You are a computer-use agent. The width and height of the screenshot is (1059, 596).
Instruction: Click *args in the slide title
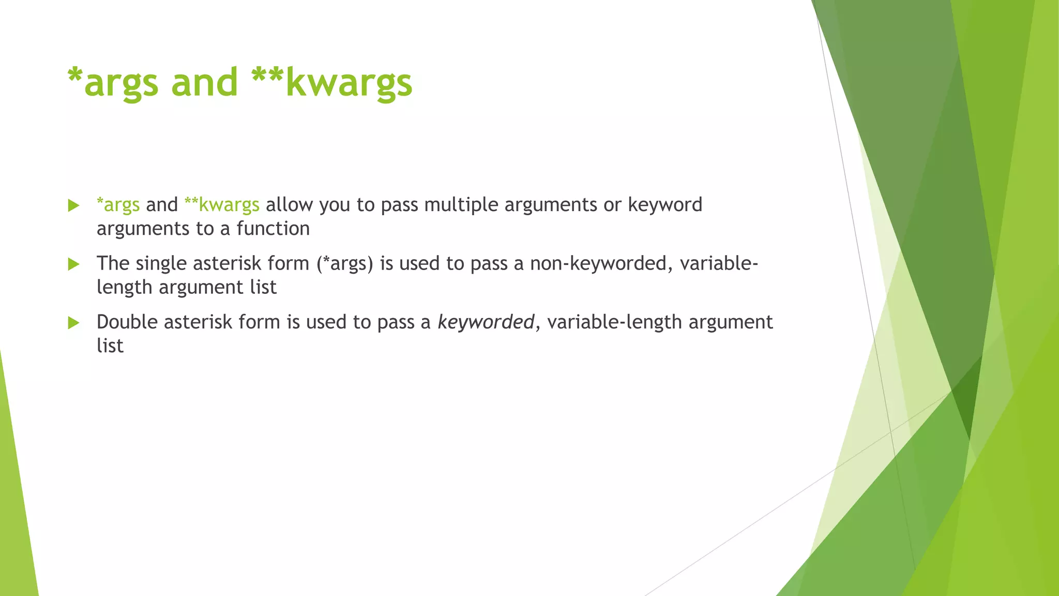(x=112, y=83)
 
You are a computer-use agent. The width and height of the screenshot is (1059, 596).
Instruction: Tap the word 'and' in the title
(x=204, y=83)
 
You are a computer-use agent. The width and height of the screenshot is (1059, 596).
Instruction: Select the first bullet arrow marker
(x=74, y=206)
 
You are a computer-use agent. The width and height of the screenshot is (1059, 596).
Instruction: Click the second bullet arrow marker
(x=74, y=264)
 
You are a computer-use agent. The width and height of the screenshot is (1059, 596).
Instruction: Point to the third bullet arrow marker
(x=74, y=323)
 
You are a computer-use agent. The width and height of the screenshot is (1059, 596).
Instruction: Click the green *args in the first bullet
(x=118, y=205)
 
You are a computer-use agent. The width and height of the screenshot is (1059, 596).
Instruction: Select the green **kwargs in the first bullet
(x=222, y=205)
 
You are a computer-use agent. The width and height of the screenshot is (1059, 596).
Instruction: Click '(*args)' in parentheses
(x=345, y=264)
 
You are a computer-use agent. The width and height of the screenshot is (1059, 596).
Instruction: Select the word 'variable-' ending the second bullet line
(x=719, y=264)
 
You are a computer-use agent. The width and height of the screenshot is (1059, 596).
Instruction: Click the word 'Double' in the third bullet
(x=127, y=322)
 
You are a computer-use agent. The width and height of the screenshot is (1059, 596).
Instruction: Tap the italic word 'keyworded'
(x=486, y=322)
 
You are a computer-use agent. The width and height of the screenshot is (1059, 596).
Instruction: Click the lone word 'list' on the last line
(x=110, y=346)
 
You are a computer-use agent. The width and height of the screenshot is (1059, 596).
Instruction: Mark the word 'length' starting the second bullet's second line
(x=125, y=288)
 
